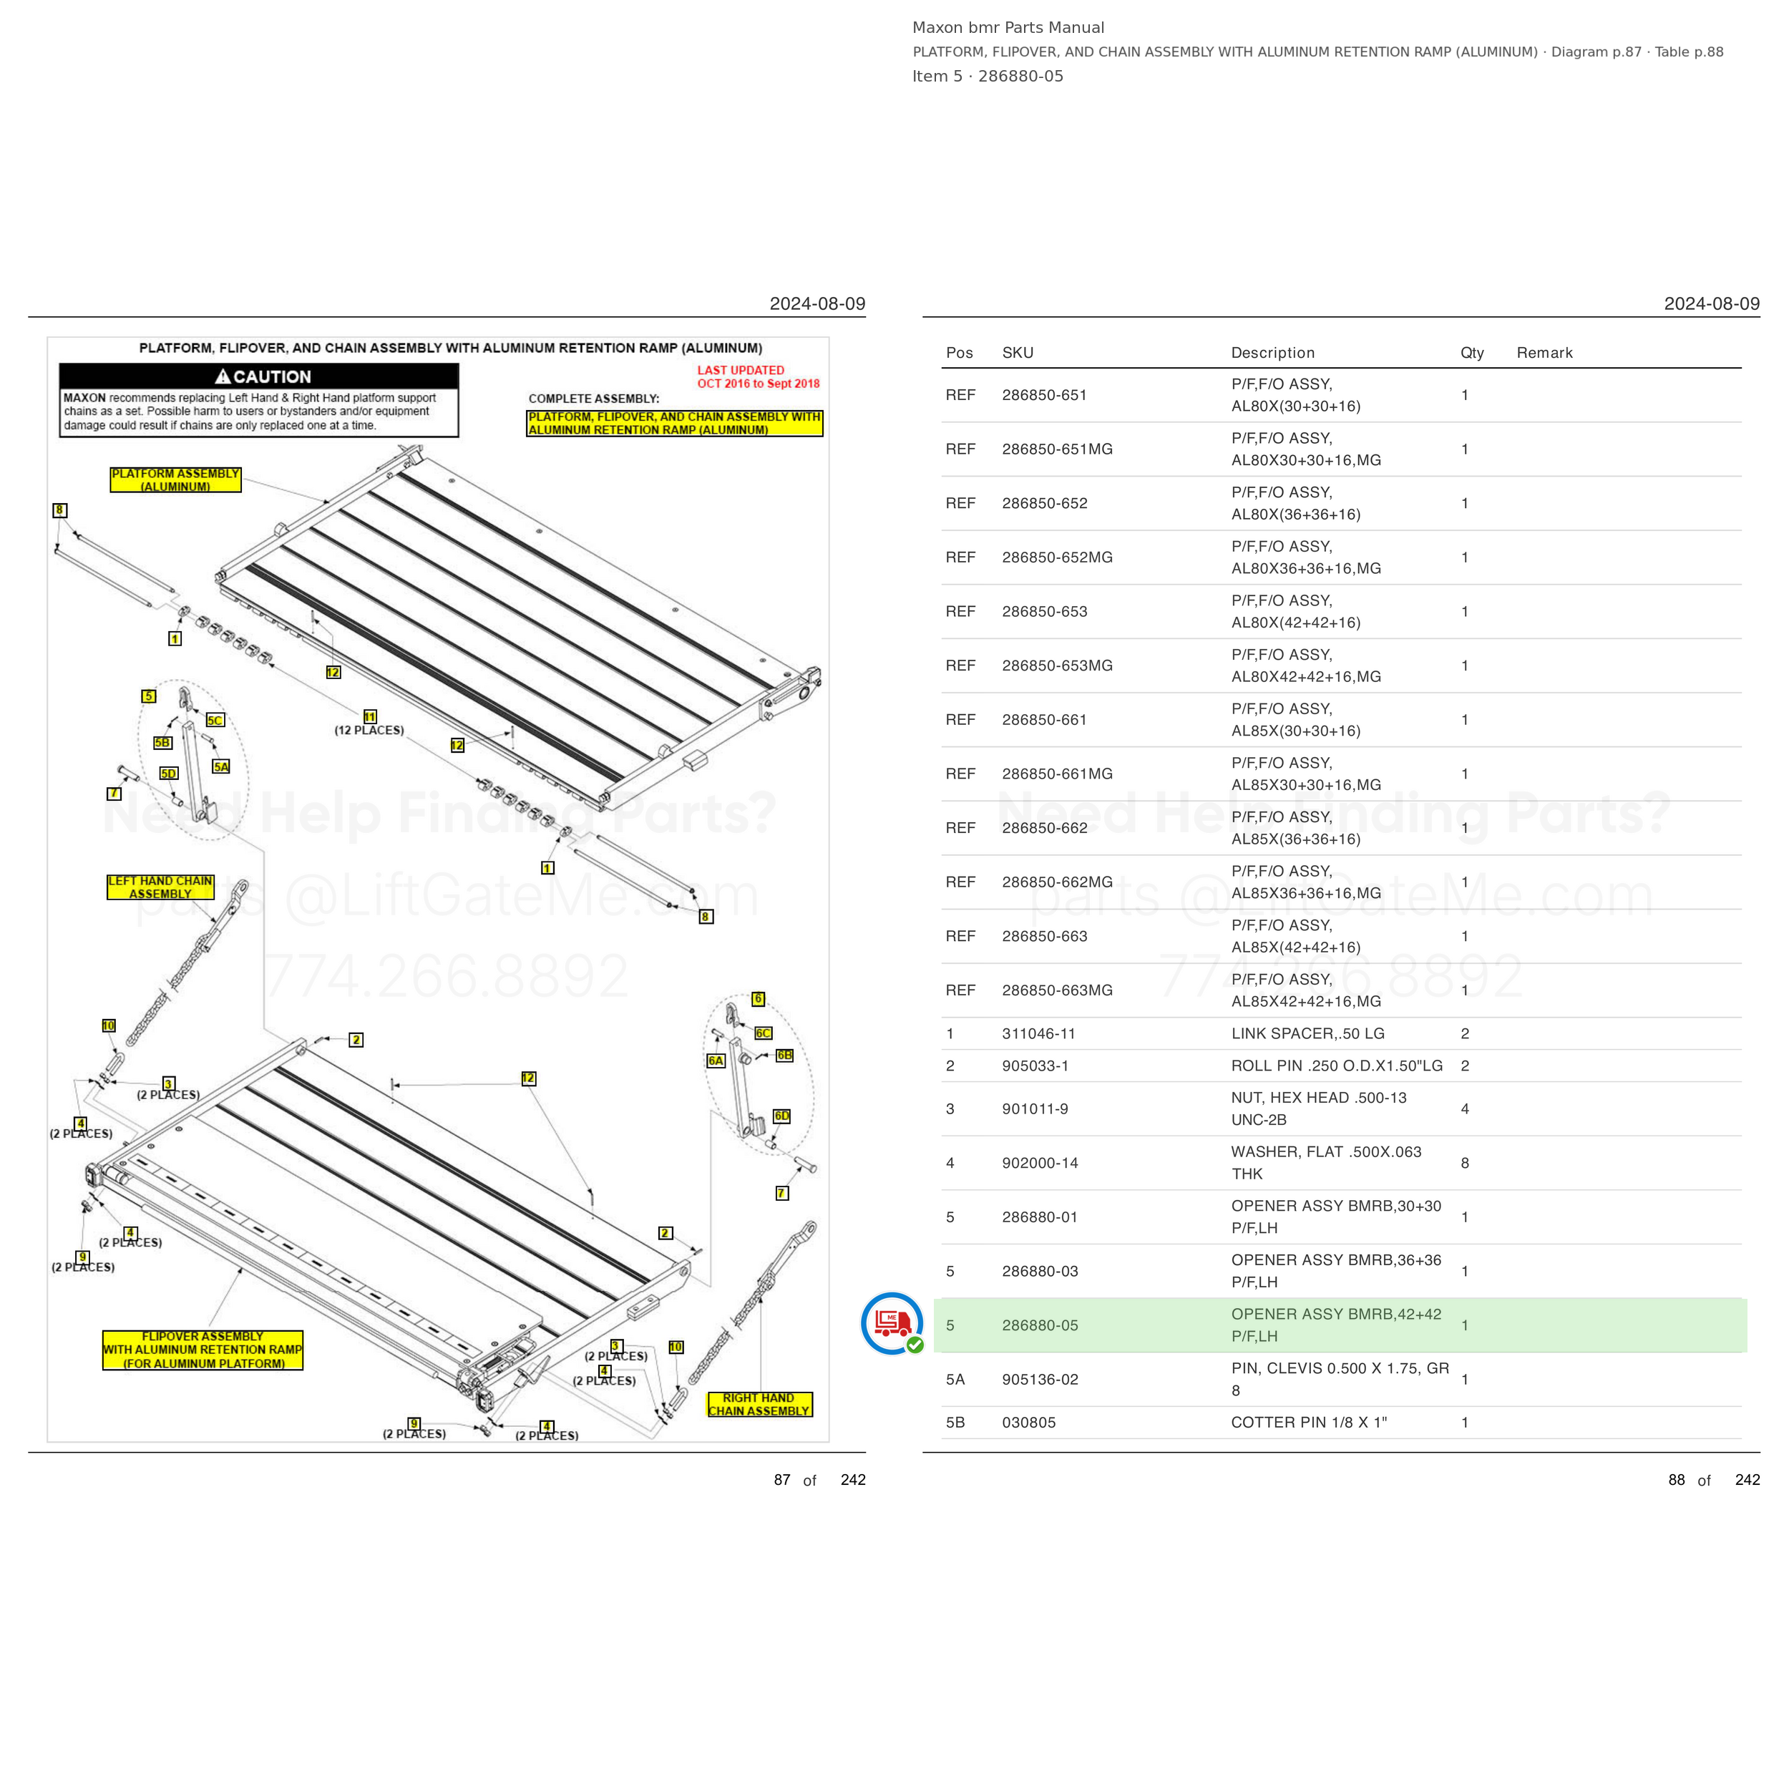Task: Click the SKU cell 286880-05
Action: [x=1040, y=1325]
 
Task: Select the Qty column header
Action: [x=1471, y=353]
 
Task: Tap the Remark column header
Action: [x=1544, y=353]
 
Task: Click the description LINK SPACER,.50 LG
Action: [x=1307, y=1033]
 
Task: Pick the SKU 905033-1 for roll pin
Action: [x=1035, y=1066]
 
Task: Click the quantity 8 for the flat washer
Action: [x=1465, y=1163]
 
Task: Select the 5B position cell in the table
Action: [x=955, y=1423]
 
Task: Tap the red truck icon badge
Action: [x=892, y=1323]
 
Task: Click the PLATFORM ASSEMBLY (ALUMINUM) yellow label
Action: [x=175, y=479]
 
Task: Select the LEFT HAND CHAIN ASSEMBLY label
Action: [x=160, y=887]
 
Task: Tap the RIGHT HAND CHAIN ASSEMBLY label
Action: [x=759, y=1405]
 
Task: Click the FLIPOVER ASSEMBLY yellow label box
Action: [x=203, y=1350]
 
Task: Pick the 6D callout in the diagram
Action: [x=781, y=1116]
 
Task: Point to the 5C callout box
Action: [x=215, y=719]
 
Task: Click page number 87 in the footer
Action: [x=782, y=1480]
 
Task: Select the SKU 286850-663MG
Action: [x=1056, y=990]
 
